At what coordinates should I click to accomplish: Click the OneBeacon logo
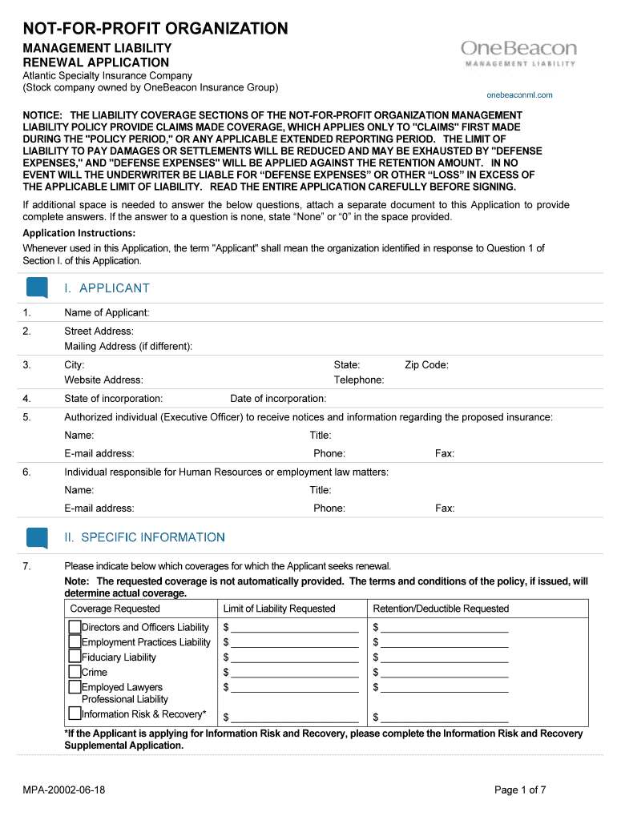pyautogui.click(x=518, y=54)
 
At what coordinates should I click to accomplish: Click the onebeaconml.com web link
pyautogui.click(x=519, y=94)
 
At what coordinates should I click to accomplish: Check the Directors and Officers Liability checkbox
pyautogui.click(x=75, y=626)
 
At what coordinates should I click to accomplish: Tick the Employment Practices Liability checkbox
pyautogui.click(x=75, y=641)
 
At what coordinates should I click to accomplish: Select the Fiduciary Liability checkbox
pyautogui.click(x=75, y=657)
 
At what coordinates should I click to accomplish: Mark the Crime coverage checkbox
pyautogui.click(x=75, y=672)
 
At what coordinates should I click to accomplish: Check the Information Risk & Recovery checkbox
pyautogui.click(x=75, y=713)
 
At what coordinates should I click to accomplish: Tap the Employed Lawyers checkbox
pyautogui.click(x=75, y=687)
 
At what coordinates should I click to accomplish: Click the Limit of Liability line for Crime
pyautogui.click(x=294, y=673)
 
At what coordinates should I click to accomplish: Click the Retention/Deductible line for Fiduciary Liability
pyautogui.click(x=445, y=658)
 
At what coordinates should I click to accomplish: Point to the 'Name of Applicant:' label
pyautogui.click(x=107, y=312)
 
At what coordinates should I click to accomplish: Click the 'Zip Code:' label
pyautogui.click(x=426, y=365)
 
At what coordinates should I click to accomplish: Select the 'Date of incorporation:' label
pyautogui.click(x=278, y=399)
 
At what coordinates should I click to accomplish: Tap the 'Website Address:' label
pyautogui.click(x=103, y=380)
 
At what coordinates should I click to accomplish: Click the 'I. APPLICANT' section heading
pyautogui.click(x=107, y=288)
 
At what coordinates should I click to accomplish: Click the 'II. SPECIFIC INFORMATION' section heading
pyautogui.click(x=145, y=537)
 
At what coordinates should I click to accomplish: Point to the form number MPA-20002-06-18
pyautogui.click(x=64, y=790)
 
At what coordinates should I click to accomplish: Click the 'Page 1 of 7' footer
pyautogui.click(x=520, y=790)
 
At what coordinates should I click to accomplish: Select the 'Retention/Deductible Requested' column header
pyautogui.click(x=441, y=609)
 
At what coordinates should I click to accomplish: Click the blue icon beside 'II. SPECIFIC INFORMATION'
pyautogui.click(x=38, y=537)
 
